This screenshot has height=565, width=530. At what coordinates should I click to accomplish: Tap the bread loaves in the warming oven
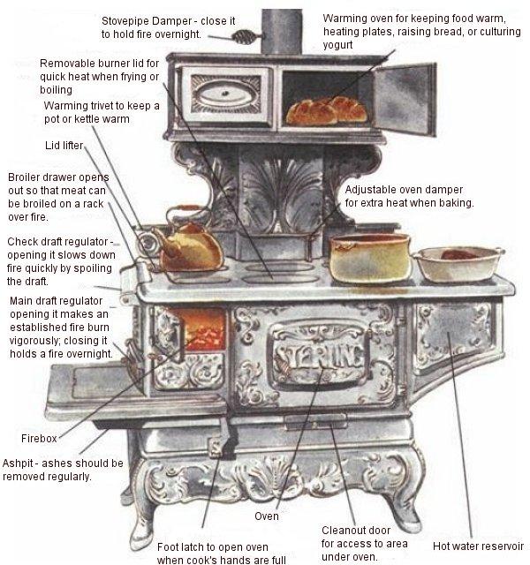(324, 111)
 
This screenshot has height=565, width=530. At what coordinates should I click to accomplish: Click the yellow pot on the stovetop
(369, 257)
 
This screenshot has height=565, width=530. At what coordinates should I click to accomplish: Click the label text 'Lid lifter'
(64, 145)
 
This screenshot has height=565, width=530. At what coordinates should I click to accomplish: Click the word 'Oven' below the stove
(266, 516)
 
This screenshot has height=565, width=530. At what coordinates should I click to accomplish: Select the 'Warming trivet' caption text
(102, 112)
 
